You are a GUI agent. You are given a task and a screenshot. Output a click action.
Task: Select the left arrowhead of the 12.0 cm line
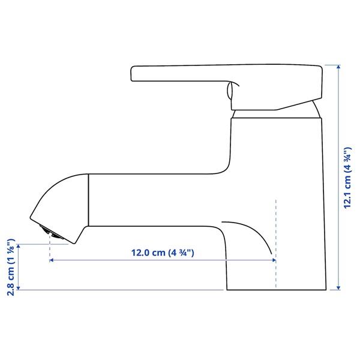tap(53, 260)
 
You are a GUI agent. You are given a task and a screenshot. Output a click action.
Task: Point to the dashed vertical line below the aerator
tap(50, 252)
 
